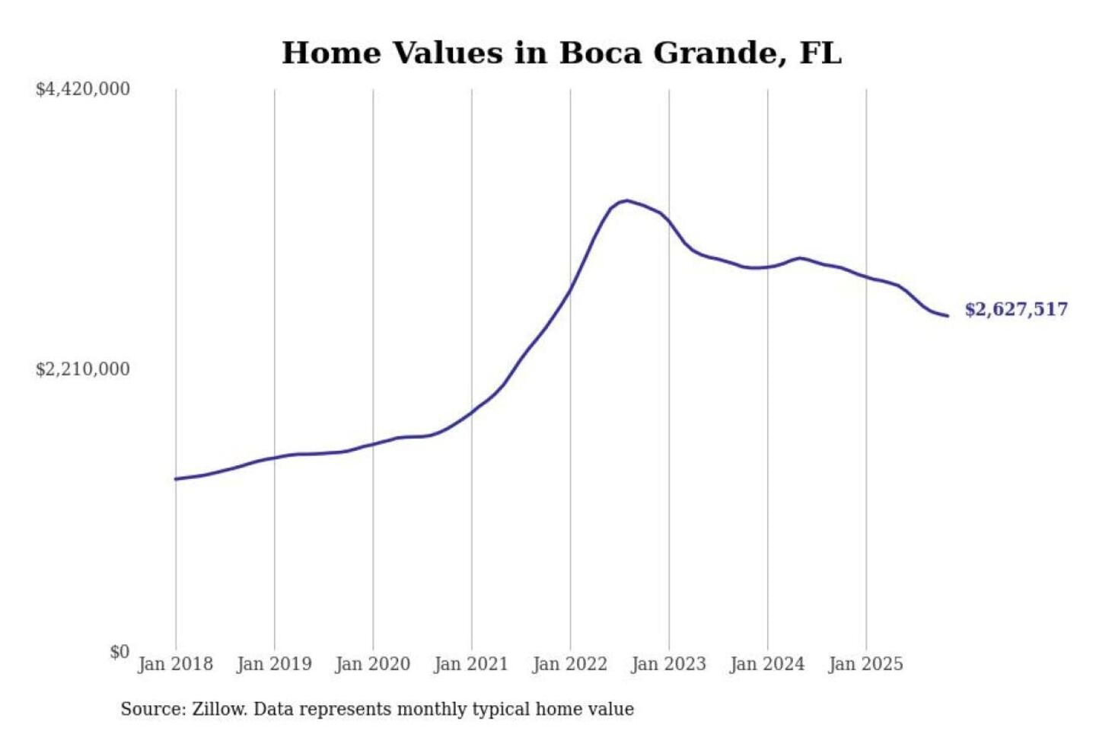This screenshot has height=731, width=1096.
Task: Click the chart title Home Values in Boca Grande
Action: tap(562, 53)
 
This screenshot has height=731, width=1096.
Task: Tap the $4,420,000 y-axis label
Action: tap(83, 89)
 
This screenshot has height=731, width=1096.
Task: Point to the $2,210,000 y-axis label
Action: tap(83, 369)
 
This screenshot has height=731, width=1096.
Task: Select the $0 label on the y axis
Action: tap(119, 652)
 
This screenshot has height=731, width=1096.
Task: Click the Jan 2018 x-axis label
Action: tap(175, 664)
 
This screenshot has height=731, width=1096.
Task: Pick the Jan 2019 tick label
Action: tap(274, 664)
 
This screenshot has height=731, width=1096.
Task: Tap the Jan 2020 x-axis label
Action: tap(372, 664)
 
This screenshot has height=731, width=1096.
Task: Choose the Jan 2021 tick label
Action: tap(471, 664)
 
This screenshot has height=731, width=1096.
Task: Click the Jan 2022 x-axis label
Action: tap(570, 664)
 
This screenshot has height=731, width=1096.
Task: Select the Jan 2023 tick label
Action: tap(668, 664)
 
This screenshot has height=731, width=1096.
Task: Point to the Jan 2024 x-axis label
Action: tap(767, 664)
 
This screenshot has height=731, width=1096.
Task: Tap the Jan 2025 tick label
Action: tap(865, 664)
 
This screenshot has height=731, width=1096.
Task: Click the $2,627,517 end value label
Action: tap(1016, 309)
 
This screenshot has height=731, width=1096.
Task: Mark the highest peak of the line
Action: tap(626, 201)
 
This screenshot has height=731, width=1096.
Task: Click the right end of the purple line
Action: tap(948, 315)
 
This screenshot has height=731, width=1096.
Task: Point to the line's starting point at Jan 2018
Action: tap(176, 479)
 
